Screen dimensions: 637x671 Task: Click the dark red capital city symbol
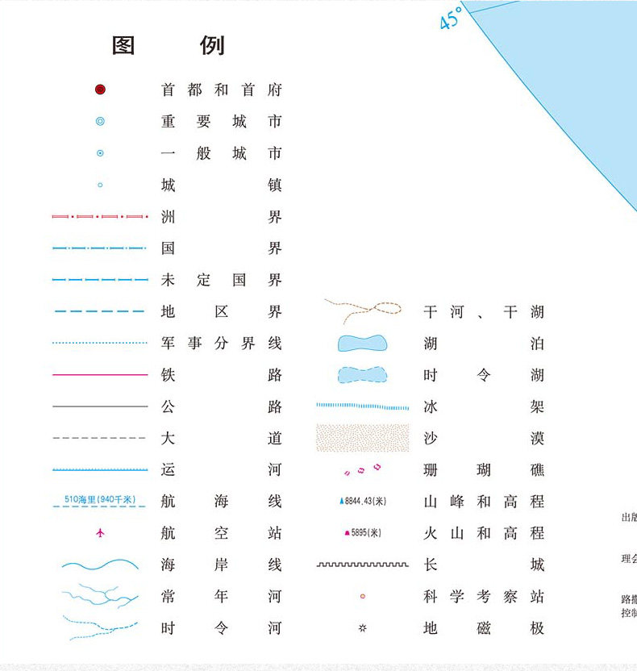100,90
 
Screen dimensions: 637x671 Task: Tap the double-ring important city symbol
100,122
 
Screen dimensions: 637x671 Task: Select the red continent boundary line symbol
100,216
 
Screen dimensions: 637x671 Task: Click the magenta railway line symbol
100,374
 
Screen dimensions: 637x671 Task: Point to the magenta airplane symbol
100,532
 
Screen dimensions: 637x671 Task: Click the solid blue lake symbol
363,344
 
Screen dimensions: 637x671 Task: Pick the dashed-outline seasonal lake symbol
363,375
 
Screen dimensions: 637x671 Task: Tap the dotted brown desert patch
363,438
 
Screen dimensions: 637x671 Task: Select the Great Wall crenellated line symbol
363,565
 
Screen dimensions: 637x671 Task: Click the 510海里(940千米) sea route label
100,499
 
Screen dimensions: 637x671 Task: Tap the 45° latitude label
451,18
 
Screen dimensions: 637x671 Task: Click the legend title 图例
168,45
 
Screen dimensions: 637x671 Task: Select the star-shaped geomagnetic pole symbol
363,627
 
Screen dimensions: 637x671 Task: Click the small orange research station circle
363,596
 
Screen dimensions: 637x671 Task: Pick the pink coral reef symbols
363,469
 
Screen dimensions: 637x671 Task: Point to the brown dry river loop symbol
363,310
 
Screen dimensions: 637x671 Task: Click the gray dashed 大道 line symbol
100,438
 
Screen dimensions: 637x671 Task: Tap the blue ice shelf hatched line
363,406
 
